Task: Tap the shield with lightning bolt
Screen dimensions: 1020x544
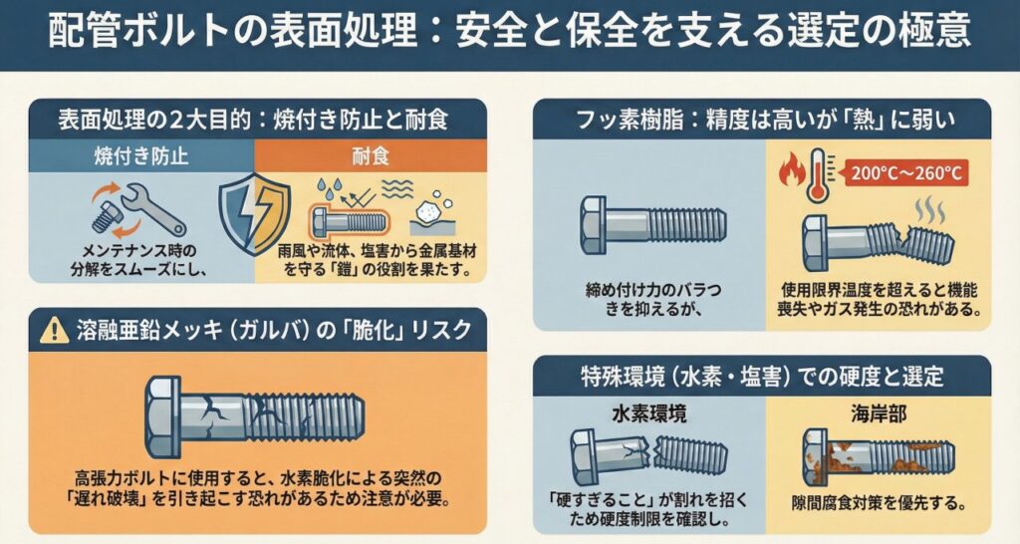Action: click(254, 213)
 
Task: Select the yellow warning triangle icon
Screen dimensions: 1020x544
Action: click(55, 331)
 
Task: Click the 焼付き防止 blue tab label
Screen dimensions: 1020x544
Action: click(141, 156)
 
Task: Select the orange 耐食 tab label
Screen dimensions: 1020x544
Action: click(371, 156)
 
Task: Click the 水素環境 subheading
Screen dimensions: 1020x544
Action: click(648, 413)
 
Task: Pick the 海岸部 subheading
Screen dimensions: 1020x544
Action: click(879, 413)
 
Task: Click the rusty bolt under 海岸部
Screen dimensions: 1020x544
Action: click(879, 457)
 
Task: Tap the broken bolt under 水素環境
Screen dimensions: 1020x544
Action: click(648, 455)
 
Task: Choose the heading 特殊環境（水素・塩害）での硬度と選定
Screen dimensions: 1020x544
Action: click(762, 376)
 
